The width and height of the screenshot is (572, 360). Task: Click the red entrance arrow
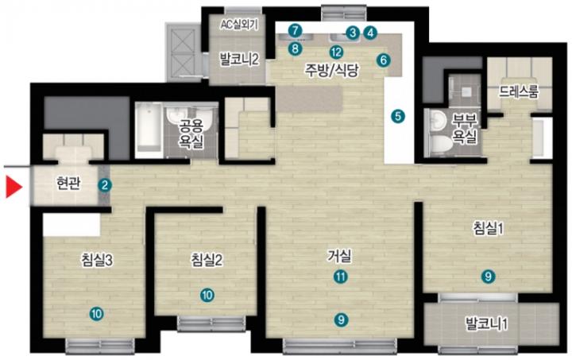click(14, 187)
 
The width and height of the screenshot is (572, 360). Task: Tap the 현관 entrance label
click(68, 183)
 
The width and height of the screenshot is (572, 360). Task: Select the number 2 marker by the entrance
click(105, 185)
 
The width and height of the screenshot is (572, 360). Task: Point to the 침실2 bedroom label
click(207, 260)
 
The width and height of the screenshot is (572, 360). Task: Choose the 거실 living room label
click(340, 256)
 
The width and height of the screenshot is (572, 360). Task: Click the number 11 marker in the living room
click(341, 277)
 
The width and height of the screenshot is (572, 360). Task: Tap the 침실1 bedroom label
click(488, 228)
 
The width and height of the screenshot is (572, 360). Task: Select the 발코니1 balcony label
click(487, 323)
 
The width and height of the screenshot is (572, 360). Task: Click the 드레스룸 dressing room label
click(518, 92)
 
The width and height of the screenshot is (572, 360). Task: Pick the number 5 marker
click(398, 116)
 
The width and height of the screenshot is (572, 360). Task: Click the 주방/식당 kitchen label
click(332, 70)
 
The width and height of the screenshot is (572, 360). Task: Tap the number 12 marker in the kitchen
click(336, 52)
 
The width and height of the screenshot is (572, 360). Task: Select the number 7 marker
click(295, 30)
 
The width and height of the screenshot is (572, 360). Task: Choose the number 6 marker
click(383, 60)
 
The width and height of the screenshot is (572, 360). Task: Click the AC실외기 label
click(239, 25)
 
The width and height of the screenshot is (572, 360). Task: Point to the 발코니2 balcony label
click(239, 59)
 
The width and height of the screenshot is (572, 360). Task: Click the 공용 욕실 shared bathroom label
click(191, 134)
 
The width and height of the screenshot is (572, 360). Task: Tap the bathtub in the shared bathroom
click(149, 130)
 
